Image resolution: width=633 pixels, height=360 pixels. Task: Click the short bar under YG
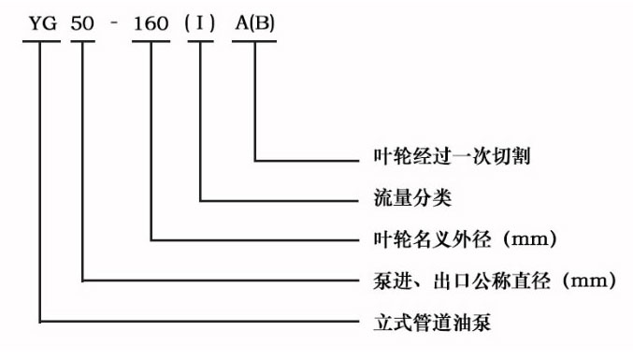38,42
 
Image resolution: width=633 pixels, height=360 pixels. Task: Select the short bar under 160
150,42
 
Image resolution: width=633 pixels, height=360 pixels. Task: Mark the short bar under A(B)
254,42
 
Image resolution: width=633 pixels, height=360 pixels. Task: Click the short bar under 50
82,42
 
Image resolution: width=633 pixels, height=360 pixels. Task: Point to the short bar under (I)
201,42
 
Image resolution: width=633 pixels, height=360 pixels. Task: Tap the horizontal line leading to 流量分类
281,199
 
